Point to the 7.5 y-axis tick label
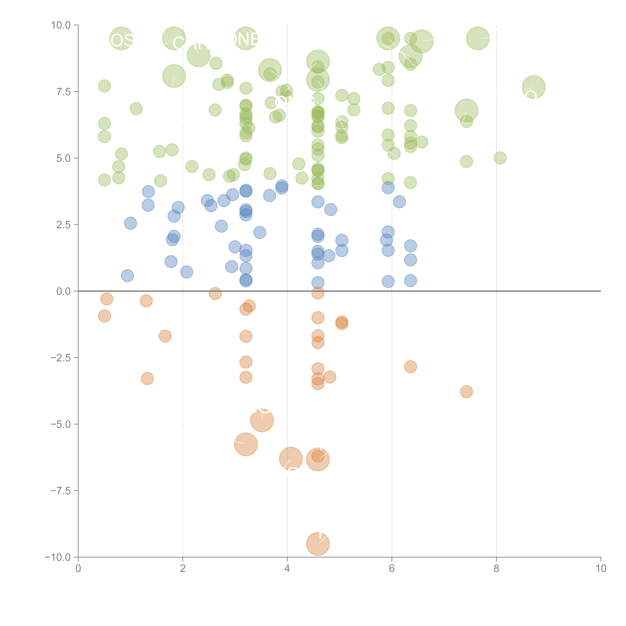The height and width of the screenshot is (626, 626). [63, 92]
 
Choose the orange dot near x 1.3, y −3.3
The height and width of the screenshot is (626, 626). [147, 378]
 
